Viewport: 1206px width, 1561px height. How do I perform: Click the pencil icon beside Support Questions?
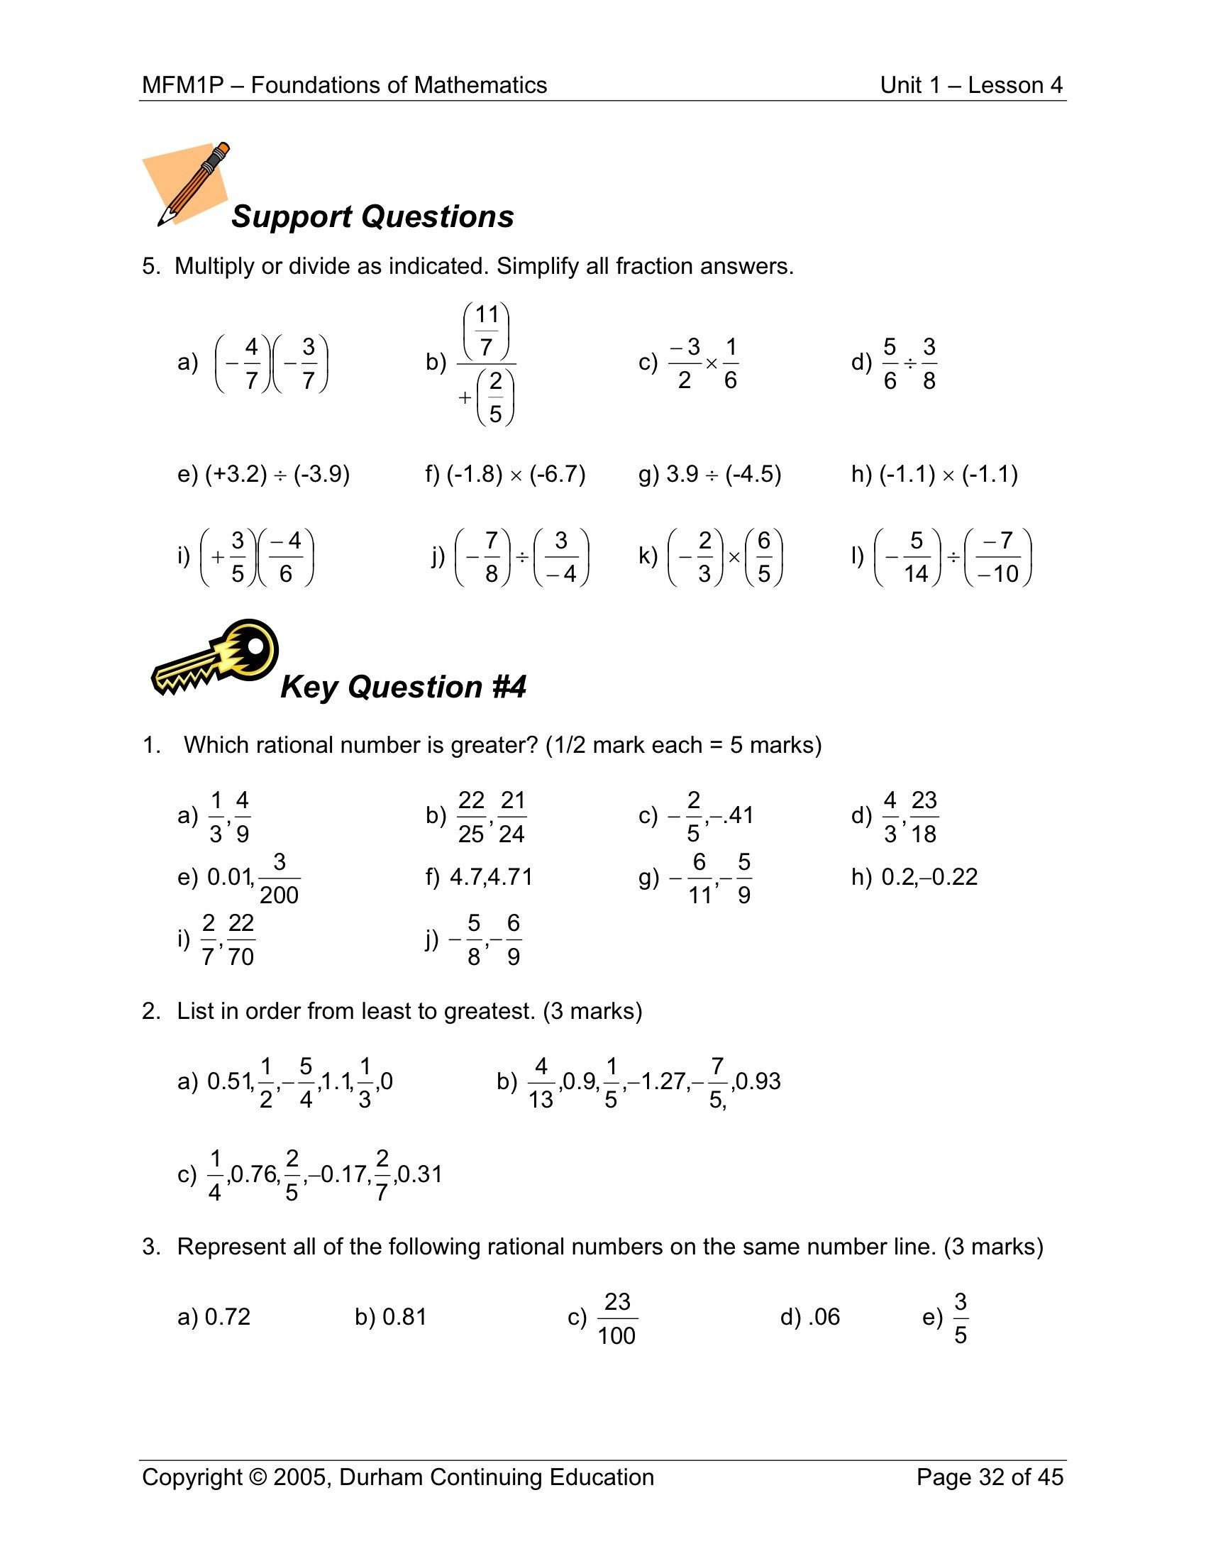click(192, 184)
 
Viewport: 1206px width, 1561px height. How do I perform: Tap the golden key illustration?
click(214, 658)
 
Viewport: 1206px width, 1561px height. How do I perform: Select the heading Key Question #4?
click(403, 687)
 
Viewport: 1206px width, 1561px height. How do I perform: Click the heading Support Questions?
click(372, 216)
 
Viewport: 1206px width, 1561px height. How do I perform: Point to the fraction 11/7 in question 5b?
click(487, 330)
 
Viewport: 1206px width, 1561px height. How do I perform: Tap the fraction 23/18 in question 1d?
click(924, 816)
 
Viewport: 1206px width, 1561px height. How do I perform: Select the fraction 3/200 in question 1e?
click(279, 878)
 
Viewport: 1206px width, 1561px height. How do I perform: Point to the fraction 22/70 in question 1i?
click(240, 939)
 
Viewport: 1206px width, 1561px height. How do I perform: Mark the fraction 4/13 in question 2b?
click(541, 1082)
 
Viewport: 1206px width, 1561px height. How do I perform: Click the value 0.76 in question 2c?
click(256, 1174)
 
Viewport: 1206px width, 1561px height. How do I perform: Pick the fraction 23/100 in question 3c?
click(616, 1318)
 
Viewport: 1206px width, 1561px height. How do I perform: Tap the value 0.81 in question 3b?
click(404, 1316)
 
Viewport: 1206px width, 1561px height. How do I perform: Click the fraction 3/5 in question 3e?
click(961, 1318)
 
